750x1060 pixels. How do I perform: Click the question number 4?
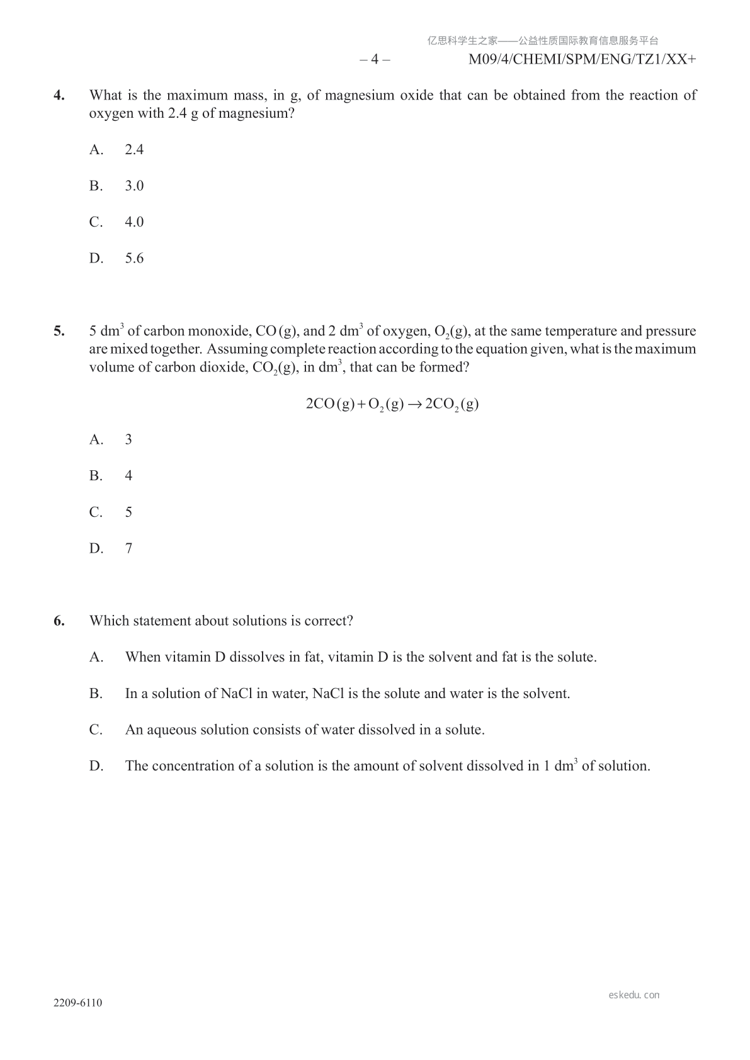point(59,96)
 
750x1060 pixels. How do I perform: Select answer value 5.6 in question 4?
point(134,258)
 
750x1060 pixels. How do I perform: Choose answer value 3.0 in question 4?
point(134,186)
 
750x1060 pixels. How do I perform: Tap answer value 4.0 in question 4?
point(134,222)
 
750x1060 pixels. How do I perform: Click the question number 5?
point(59,332)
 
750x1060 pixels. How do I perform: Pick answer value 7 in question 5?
point(128,548)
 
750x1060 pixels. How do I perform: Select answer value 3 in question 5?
point(128,439)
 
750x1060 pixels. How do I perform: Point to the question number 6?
point(59,621)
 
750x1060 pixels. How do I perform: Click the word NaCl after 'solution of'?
point(236,694)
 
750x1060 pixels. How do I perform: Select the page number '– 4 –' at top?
point(375,60)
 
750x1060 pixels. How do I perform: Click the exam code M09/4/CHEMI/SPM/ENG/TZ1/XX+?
point(582,60)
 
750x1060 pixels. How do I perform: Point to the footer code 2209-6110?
point(78,1003)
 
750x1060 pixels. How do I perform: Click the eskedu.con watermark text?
point(634,995)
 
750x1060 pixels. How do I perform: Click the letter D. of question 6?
point(96,766)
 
